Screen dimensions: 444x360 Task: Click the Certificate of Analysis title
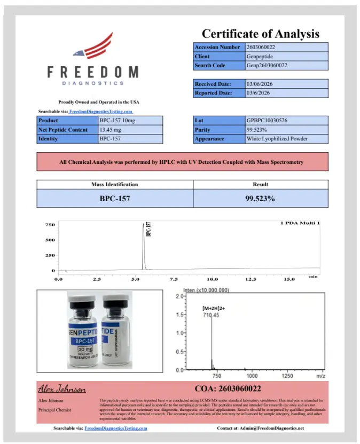click(x=260, y=34)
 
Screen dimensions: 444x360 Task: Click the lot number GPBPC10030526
click(x=267, y=121)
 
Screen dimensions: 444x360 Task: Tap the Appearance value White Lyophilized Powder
click(x=277, y=139)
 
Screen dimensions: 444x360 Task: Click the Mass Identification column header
click(x=114, y=185)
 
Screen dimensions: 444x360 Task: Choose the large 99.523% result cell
click(x=260, y=199)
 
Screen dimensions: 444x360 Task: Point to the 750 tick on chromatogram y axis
click(x=50, y=225)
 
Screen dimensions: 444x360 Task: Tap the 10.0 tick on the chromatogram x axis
click(x=213, y=279)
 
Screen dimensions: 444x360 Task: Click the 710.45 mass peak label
click(x=212, y=315)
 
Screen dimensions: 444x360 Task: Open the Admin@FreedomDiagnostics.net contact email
click(x=273, y=428)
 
